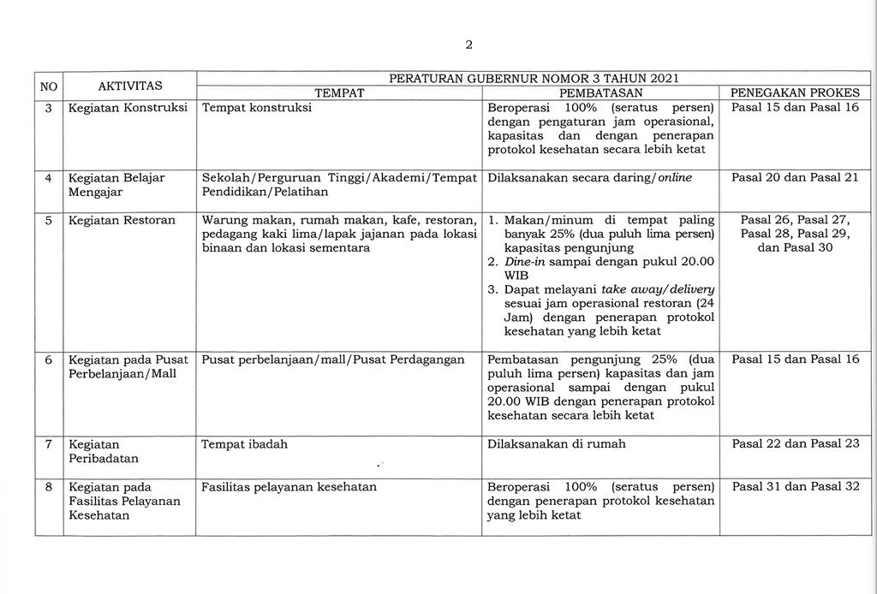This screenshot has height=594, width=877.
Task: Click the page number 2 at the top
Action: point(468,45)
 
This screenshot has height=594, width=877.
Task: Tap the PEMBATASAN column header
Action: point(600,92)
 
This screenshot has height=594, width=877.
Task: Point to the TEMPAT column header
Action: point(340,92)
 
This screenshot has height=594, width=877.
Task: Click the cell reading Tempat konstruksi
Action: point(256,108)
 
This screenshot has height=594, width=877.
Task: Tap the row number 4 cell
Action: point(49,178)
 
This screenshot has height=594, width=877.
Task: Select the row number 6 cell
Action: point(49,359)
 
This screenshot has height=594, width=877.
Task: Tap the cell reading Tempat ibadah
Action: point(244,444)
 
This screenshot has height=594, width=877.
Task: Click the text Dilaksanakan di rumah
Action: point(556,444)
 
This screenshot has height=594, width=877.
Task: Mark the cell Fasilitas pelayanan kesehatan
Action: point(289,487)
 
